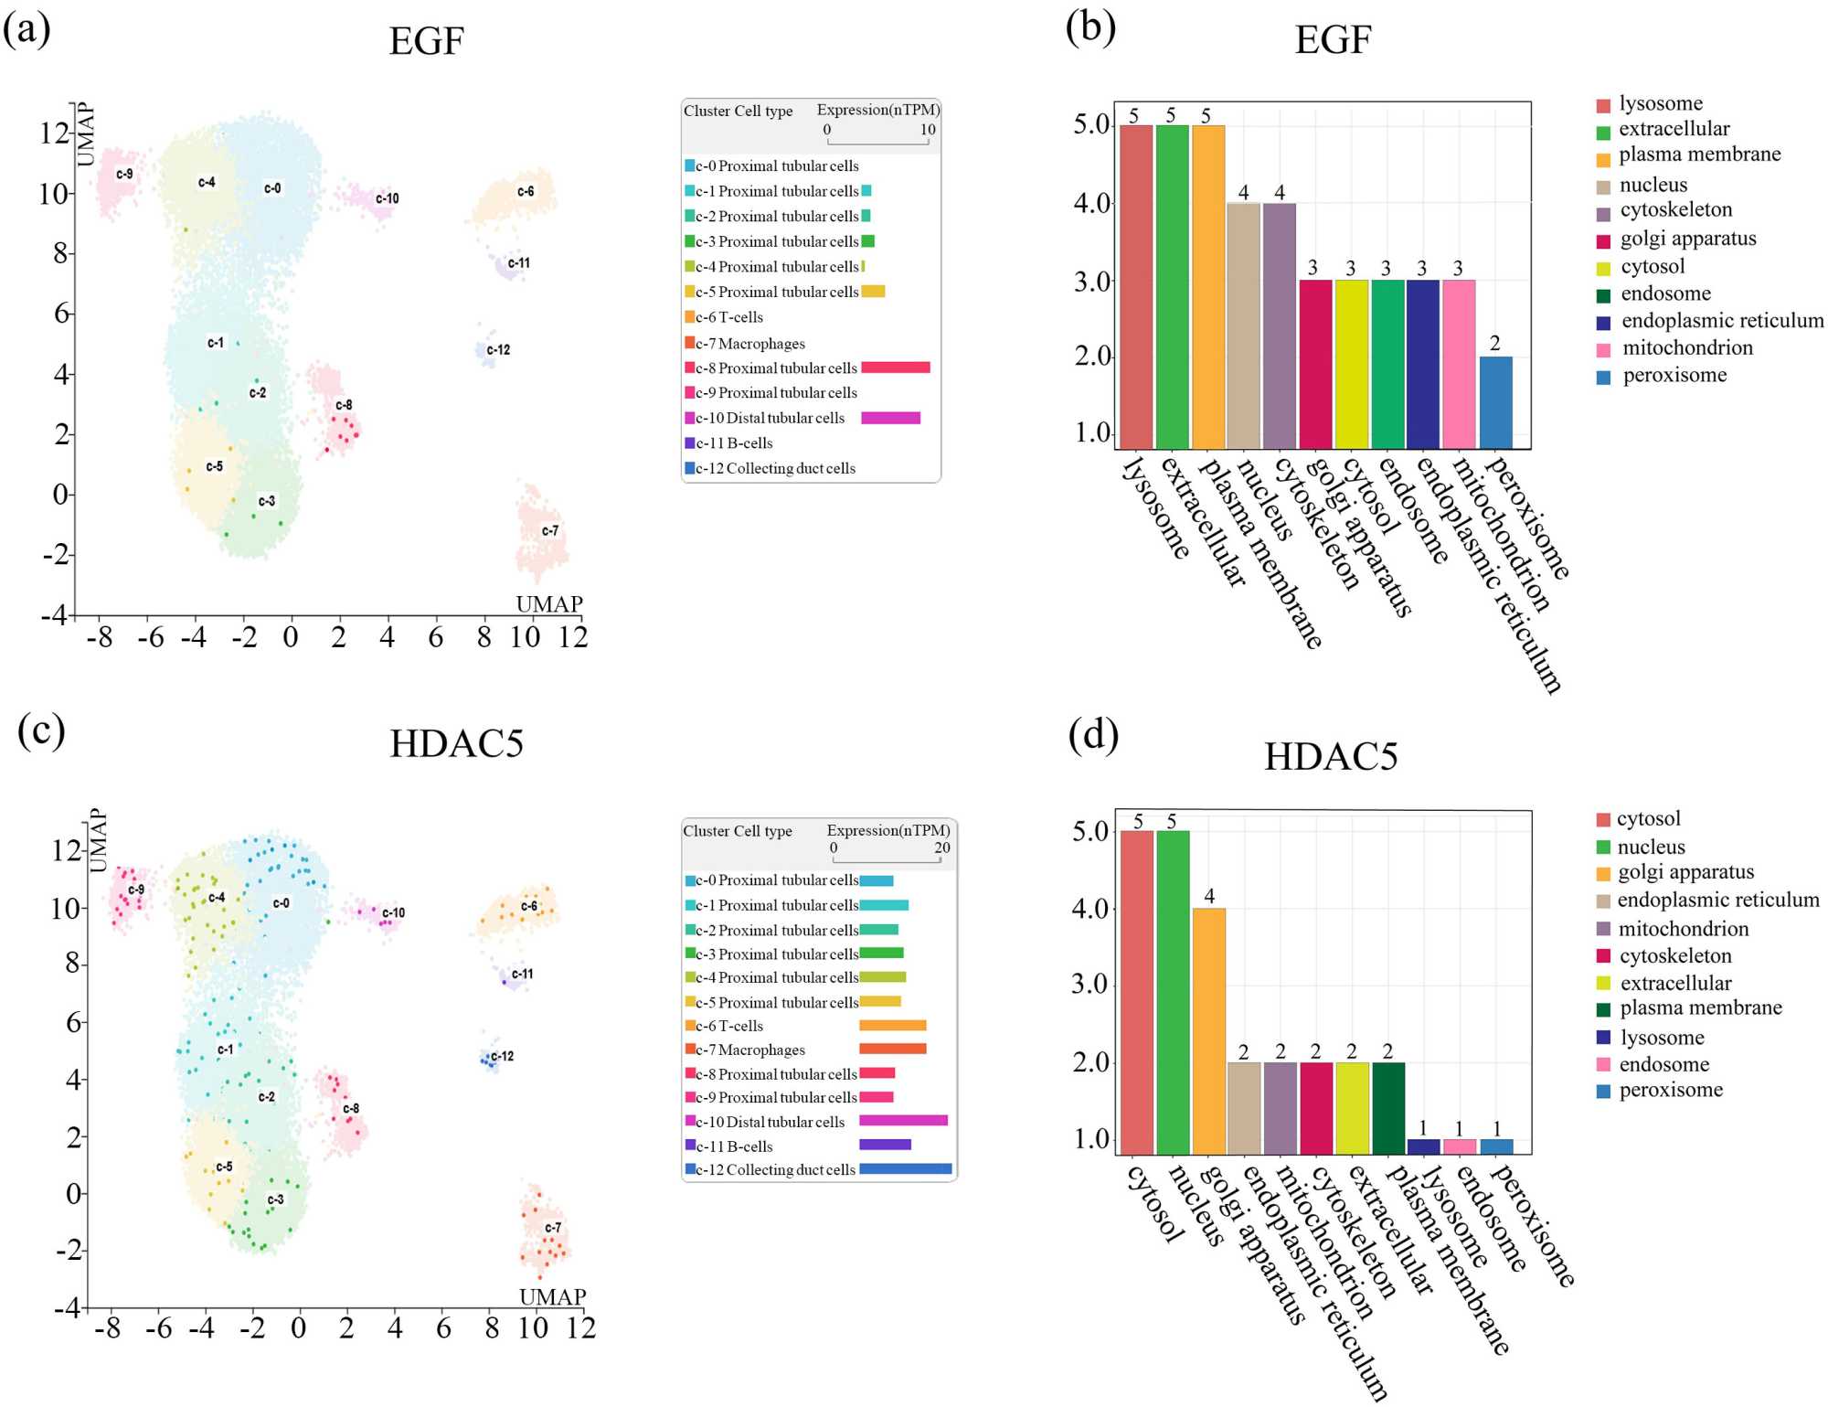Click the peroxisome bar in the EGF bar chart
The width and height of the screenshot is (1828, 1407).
1495,402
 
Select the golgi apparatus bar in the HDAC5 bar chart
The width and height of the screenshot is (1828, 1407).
1208,1030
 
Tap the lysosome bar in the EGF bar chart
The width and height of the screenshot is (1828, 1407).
1136,286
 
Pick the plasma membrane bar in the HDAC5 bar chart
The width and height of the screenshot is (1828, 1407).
1387,1108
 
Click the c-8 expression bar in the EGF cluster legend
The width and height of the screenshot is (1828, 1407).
895,368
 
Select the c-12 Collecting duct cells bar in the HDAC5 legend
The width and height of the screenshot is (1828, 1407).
905,1168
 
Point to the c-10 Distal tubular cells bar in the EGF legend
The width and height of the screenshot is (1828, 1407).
890,418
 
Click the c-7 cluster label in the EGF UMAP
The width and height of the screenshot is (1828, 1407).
549,530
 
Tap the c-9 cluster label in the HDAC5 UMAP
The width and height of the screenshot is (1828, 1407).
136,890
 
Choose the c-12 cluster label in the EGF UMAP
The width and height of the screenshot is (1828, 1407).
498,350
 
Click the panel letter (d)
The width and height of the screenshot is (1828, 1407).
1093,735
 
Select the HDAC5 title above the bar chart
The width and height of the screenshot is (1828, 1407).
1330,757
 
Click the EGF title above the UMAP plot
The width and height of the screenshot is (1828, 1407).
426,41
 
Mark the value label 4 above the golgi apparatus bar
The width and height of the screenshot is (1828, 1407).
1209,896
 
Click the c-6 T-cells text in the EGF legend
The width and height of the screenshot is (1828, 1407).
728,317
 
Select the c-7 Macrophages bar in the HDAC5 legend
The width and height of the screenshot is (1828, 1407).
892,1049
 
